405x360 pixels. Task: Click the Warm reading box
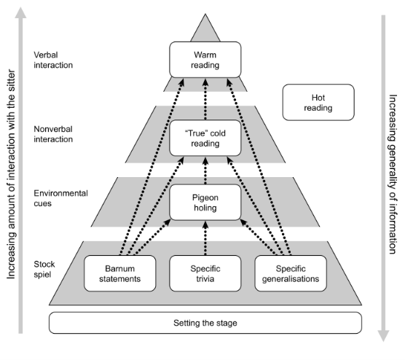pyautogui.click(x=205, y=58)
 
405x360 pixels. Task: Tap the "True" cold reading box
pyautogui.click(x=205, y=139)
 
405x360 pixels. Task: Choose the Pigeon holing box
pyautogui.click(x=205, y=203)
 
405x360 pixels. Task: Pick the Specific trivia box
pyautogui.click(x=205, y=271)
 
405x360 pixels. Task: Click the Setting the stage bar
pyautogui.click(x=205, y=322)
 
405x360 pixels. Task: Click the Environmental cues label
pyautogui.click(x=60, y=198)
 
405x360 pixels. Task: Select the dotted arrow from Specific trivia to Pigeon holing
pyautogui.click(x=205, y=237)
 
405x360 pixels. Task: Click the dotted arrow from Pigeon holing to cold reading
pyautogui.click(x=205, y=171)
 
